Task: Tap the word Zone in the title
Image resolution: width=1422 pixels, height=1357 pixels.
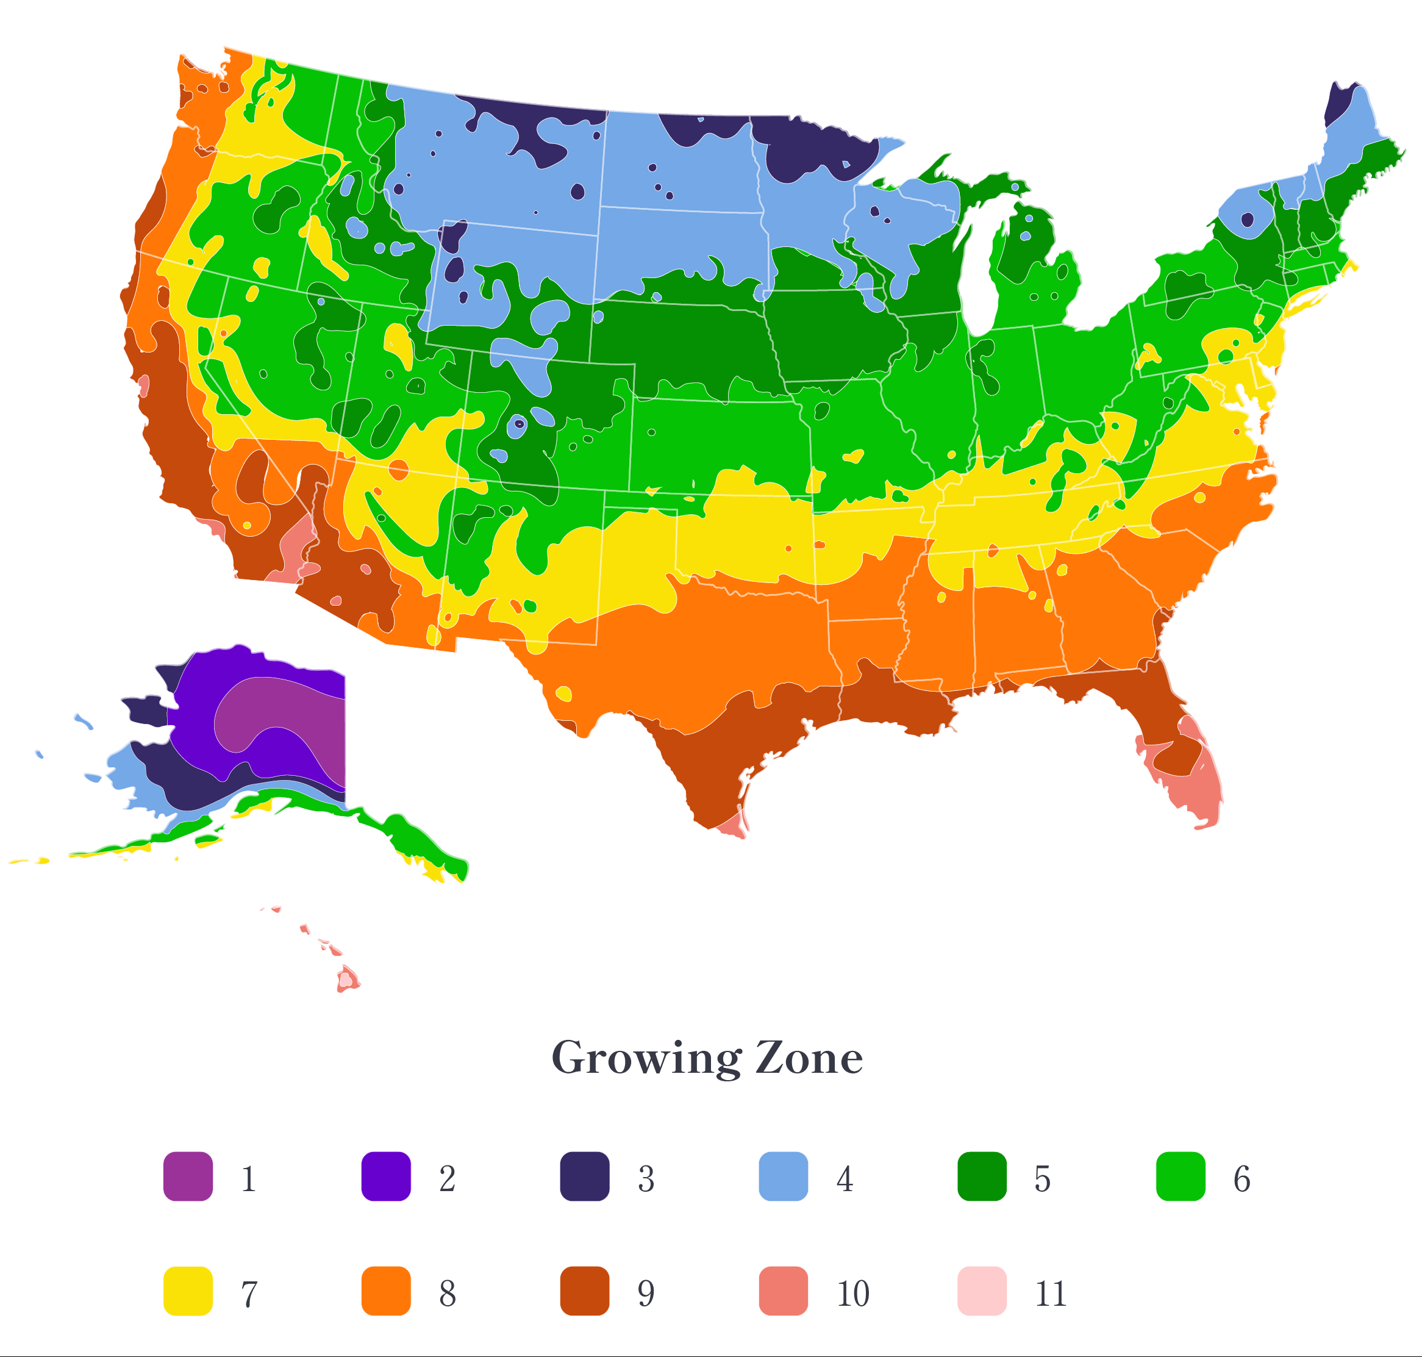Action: tap(809, 1058)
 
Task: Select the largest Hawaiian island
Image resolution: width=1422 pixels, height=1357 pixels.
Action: tap(347, 980)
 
